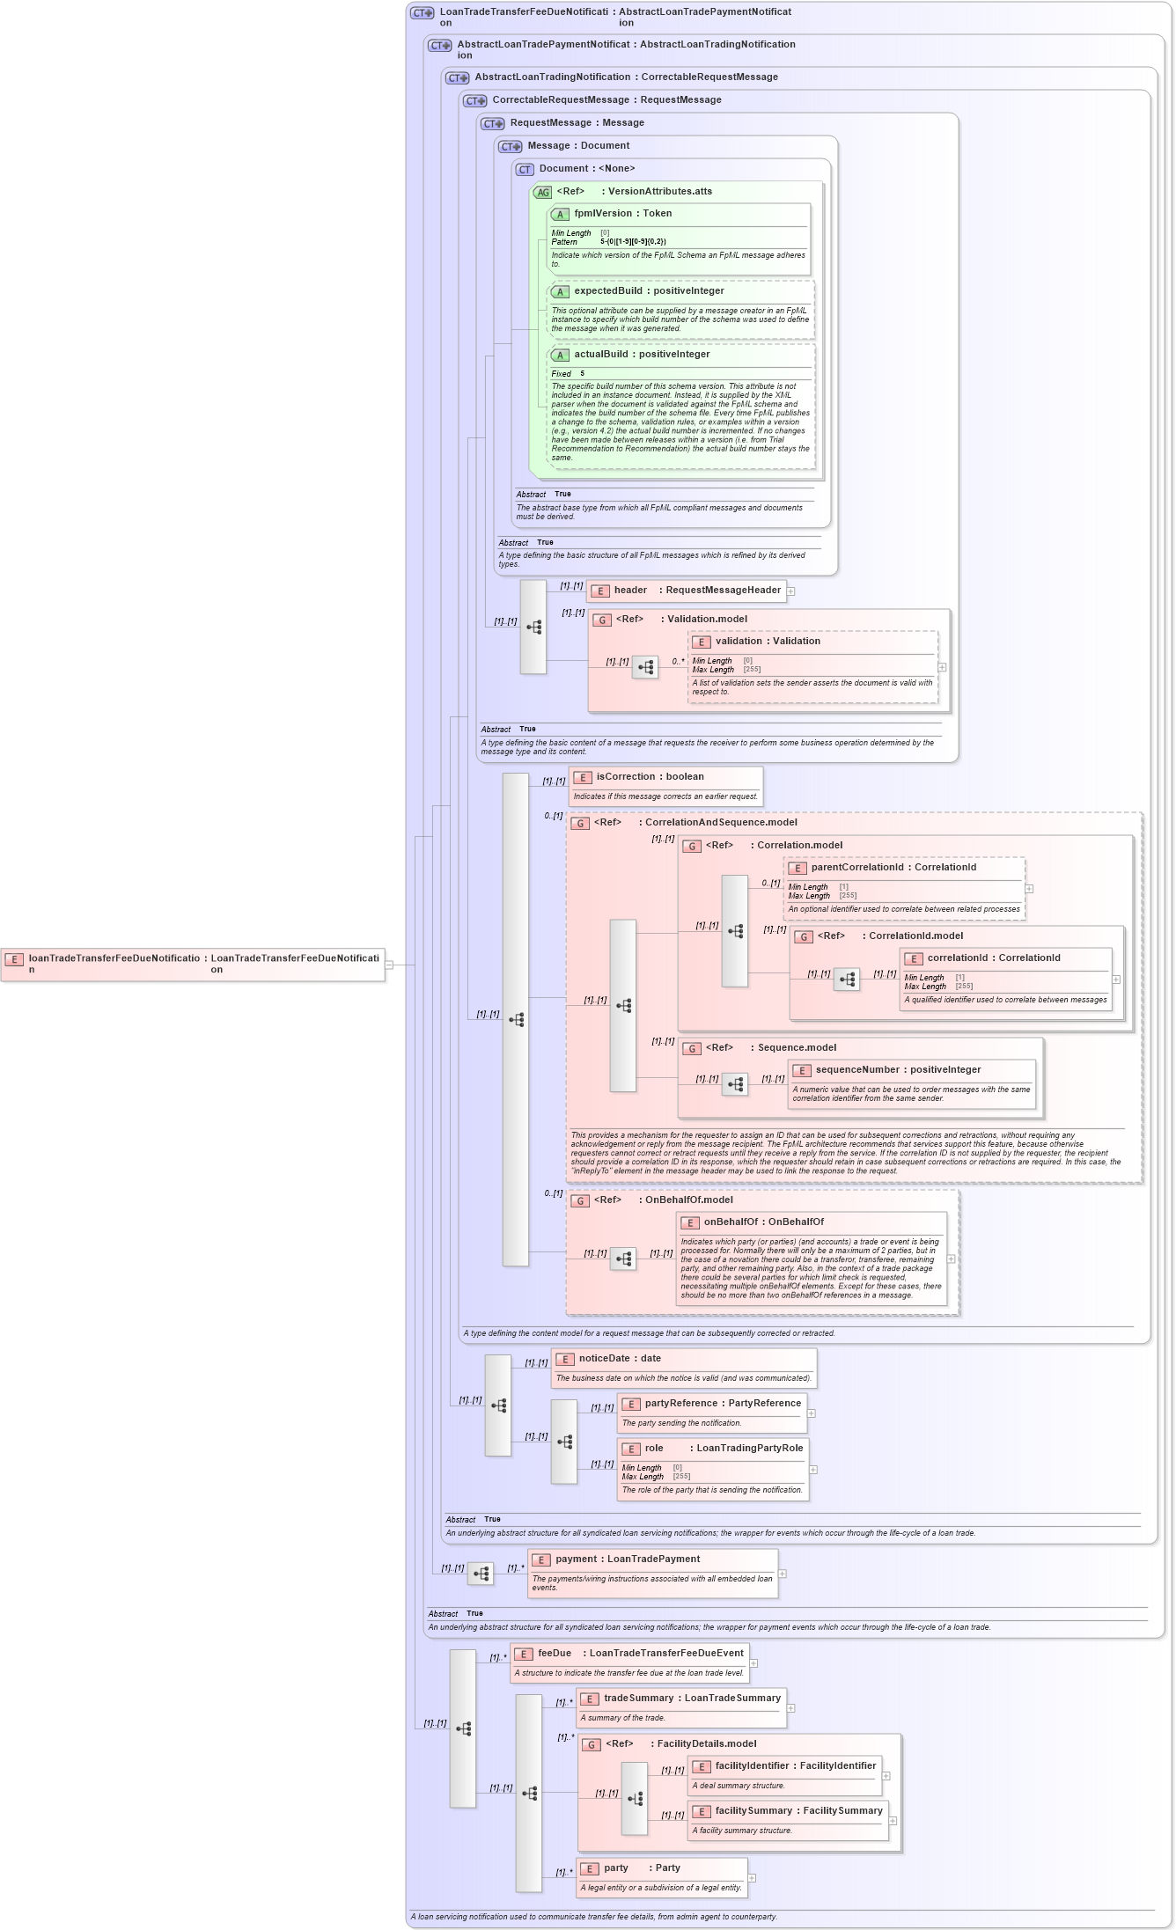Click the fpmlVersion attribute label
(602, 214)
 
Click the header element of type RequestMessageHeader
(630, 591)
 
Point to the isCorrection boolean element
(625, 777)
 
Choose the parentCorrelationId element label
(856, 868)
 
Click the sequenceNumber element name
(857, 1070)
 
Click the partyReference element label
(680, 1404)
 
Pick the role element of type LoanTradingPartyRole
(654, 1449)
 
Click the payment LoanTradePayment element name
(576, 1559)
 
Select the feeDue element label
(555, 1654)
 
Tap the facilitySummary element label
(753, 1811)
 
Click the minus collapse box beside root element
(389, 965)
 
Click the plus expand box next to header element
(790, 591)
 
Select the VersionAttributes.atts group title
(659, 192)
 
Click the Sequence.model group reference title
(797, 1048)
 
